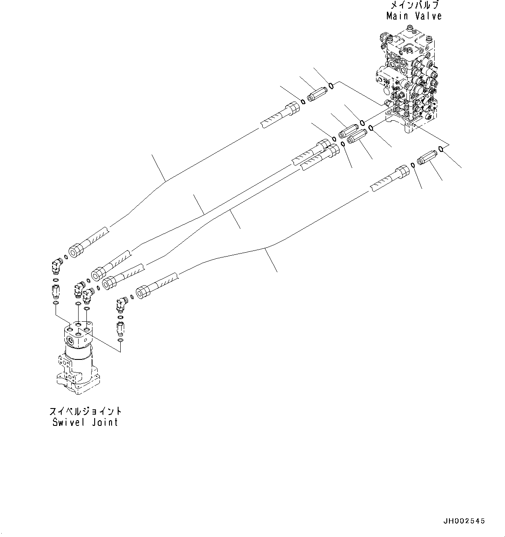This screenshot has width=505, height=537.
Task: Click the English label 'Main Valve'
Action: [x=414, y=16]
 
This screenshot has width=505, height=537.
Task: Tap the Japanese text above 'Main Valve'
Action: [x=414, y=5]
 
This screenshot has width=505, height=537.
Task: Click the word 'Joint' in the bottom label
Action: [x=105, y=422]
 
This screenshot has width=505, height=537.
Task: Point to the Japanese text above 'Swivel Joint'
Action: [x=85, y=411]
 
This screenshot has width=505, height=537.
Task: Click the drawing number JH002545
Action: [x=464, y=521]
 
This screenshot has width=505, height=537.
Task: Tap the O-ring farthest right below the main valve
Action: [x=441, y=149]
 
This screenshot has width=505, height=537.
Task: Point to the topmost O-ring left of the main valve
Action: [x=331, y=85]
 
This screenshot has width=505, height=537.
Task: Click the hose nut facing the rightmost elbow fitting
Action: [x=143, y=292]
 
